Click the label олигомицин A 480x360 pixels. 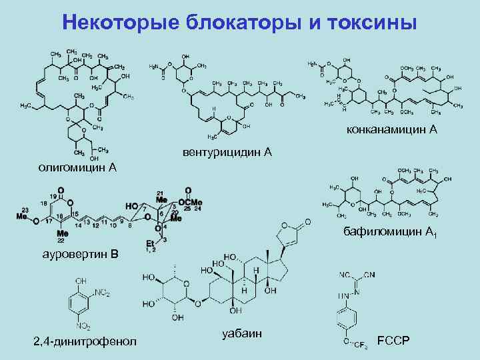pos(77,166)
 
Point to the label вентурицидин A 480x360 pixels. pos(227,153)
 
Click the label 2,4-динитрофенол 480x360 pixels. pos(85,341)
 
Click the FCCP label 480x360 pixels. pos(393,341)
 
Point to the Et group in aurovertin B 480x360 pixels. pos(150,243)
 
